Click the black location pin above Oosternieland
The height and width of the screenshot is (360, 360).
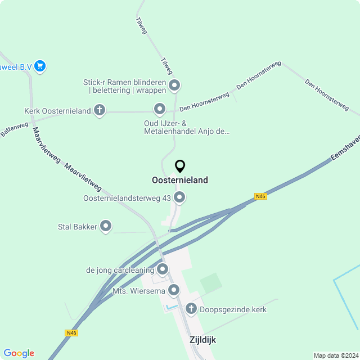[x=180, y=166]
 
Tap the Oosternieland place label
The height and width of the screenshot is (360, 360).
[x=180, y=180]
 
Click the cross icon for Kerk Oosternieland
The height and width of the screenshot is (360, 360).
[x=100, y=110]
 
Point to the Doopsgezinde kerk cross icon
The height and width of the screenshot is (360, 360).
[x=191, y=309]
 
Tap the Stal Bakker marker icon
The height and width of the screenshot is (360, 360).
[x=106, y=227]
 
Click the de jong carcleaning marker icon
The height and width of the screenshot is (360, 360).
[x=163, y=270]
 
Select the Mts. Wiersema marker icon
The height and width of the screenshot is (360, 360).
[x=174, y=290]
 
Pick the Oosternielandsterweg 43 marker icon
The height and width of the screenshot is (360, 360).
[x=179, y=197]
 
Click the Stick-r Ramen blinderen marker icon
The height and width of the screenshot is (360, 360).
[x=174, y=86]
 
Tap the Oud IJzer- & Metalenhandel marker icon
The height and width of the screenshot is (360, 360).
[x=160, y=109]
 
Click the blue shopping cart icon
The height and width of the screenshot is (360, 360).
[x=39, y=66]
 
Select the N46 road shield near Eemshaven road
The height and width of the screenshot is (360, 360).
[x=260, y=196]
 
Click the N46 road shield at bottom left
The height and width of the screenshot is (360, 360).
[x=71, y=333]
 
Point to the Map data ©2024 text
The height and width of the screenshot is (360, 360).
[x=335, y=355]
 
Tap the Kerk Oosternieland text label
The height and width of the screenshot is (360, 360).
[x=57, y=111]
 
